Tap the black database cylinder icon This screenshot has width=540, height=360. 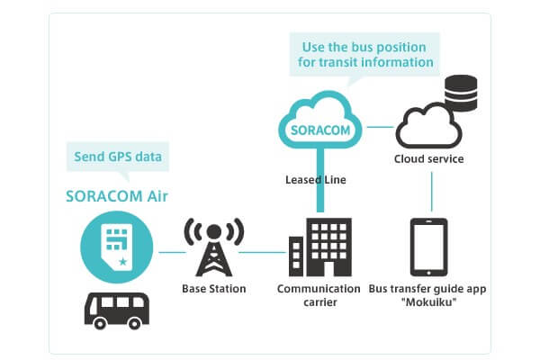point(460,90)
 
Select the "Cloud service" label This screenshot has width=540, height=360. point(428,159)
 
